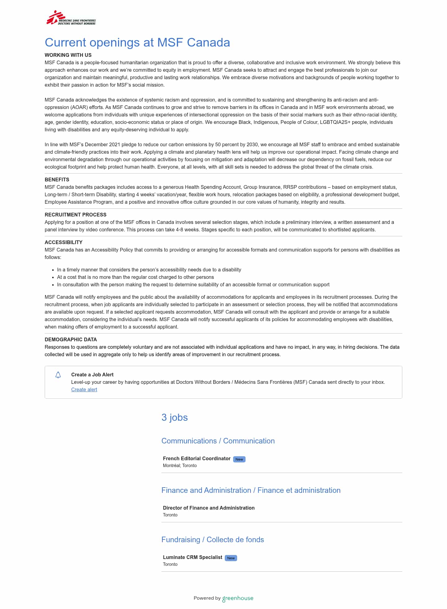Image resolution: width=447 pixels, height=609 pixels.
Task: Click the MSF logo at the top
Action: pos(71,18)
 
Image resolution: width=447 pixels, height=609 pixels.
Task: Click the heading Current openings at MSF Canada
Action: pos(137,43)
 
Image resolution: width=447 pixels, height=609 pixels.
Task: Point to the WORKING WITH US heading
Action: pos(68,55)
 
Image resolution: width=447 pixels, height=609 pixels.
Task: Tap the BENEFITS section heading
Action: pos(57,180)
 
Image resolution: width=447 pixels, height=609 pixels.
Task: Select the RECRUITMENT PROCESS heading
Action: pos(75,215)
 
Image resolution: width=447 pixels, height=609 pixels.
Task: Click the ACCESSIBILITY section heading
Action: pos(63,242)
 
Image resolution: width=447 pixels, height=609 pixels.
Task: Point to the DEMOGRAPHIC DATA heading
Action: pos(71,339)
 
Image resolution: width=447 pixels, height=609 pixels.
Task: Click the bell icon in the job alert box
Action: pos(58,375)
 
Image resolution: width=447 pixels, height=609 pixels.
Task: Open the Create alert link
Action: pos(84,389)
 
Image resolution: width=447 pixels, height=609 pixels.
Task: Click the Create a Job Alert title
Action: pos(92,375)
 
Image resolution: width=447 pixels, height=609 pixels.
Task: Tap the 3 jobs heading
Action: pos(174,417)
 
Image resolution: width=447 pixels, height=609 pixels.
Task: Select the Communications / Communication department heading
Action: pos(218,441)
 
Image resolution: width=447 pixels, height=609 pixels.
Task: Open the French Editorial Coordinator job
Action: pos(196,458)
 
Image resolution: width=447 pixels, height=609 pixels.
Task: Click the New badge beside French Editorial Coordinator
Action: pos(239,459)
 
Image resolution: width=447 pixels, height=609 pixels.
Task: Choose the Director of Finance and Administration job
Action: pos(209,508)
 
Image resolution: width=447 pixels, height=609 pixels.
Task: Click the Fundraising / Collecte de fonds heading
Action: pos(213,539)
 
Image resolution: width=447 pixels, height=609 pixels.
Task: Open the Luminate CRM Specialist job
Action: pos(192,557)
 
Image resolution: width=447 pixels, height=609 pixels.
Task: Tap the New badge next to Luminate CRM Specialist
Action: pos(231,558)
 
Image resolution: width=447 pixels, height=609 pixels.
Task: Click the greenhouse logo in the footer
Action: pos(238,598)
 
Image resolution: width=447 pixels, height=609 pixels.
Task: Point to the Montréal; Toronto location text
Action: pos(180,466)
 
